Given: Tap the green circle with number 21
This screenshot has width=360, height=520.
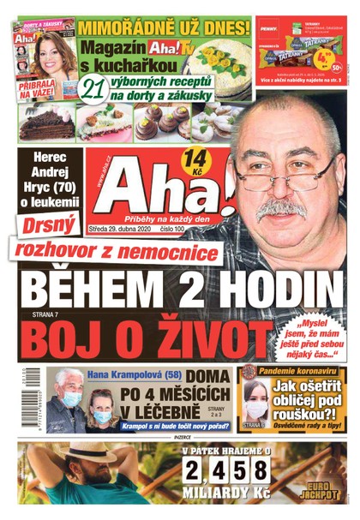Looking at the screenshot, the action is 90,89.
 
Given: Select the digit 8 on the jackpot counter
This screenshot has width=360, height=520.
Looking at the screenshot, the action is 253,471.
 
